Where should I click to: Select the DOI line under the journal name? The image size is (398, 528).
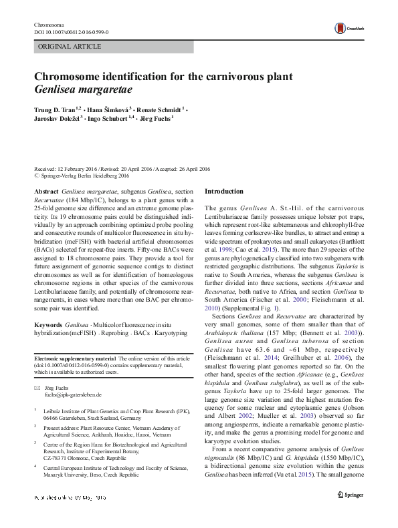pos(71,31)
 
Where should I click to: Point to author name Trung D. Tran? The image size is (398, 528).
pos(56,108)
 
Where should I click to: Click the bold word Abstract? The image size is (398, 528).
pos(45,191)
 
